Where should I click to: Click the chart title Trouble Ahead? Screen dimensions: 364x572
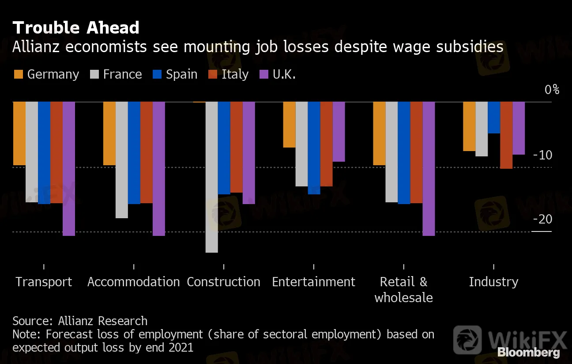[x=76, y=28]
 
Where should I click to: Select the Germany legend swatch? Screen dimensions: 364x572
[x=19, y=74]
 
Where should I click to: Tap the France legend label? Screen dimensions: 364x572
[x=122, y=74]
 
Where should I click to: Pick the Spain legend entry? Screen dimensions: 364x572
[x=181, y=74]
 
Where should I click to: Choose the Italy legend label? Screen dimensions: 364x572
[x=235, y=74]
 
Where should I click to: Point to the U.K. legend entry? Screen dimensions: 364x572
[x=284, y=74]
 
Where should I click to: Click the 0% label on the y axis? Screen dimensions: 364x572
[x=551, y=90]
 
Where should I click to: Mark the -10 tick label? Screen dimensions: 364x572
[x=542, y=155]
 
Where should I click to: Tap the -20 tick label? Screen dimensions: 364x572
[x=542, y=220]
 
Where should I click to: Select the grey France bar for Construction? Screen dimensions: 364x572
[x=212, y=177]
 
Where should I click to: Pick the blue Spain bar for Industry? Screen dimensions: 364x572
[x=494, y=118]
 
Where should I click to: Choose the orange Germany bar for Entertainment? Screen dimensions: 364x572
[x=289, y=125]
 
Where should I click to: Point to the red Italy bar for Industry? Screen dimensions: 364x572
[x=506, y=135]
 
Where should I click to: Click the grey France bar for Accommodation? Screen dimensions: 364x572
[x=122, y=160]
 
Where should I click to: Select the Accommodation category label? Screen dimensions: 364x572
[x=133, y=282]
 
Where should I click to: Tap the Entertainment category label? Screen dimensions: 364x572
[x=313, y=282]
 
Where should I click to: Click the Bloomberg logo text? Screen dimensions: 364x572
[x=529, y=353]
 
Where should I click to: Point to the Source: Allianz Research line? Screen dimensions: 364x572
[x=80, y=321]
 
